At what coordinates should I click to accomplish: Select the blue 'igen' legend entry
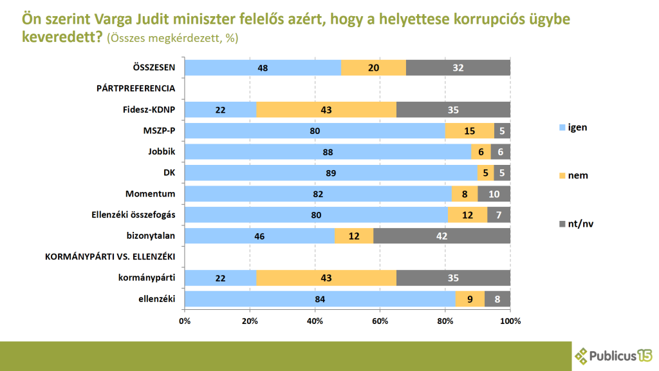coord(572,128)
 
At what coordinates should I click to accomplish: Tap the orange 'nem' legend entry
coord(572,175)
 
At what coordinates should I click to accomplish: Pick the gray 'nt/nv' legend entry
coord(572,224)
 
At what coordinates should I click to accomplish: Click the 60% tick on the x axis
coord(380,320)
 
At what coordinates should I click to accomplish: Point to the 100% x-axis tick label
coord(510,320)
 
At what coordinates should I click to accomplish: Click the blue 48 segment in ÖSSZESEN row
coord(263,68)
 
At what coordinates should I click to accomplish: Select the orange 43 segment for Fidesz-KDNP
coord(326,109)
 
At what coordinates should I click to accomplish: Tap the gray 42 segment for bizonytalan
coord(441,236)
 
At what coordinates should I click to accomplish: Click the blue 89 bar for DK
coord(331,173)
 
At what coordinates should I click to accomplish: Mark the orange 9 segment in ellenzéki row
coord(470,299)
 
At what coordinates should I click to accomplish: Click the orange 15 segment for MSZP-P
coord(469,131)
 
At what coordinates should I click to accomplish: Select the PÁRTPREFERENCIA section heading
coord(136,89)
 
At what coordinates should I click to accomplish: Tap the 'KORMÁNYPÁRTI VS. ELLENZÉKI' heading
coord(110,257)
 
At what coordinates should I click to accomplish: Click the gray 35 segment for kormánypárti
coord(453,278)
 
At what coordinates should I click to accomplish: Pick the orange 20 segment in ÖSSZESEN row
coord(373,68)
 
